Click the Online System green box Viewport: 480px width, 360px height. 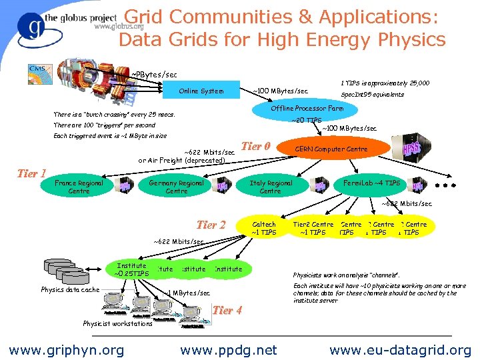(201, 91)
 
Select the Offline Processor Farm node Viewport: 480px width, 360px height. (307, 108)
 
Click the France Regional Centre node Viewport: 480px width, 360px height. (79, 187)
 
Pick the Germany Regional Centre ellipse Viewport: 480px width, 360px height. (176, 187)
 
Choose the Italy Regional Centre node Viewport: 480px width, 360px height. (270, 187)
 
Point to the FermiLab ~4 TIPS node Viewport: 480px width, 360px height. (371, 183)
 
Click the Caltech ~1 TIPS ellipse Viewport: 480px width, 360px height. (265, 229)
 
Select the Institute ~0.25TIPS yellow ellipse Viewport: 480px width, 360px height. (131, 269)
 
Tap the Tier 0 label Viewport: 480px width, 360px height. (255, 146)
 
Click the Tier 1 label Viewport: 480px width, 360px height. (31, 173)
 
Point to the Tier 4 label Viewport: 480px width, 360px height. (227, 309)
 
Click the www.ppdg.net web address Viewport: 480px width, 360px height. (229, 349)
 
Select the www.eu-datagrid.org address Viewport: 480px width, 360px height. (400, 349)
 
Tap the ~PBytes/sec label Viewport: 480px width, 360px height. (153, 73)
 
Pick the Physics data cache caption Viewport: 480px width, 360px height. (70, 289)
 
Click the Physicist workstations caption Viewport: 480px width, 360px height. (117, 324)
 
